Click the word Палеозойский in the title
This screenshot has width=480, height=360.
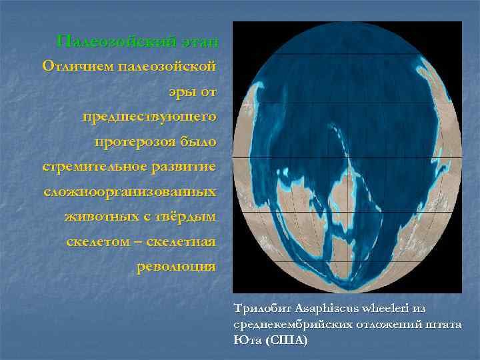pos(115,42)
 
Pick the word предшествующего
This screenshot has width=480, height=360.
pos(149,117)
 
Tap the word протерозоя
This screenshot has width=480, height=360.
pos(135,141)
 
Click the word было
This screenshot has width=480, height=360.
pos(199,141)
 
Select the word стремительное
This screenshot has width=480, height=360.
pos(89,166)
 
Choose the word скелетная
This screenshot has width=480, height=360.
pos(183,241)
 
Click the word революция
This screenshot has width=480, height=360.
pos(176,266)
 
